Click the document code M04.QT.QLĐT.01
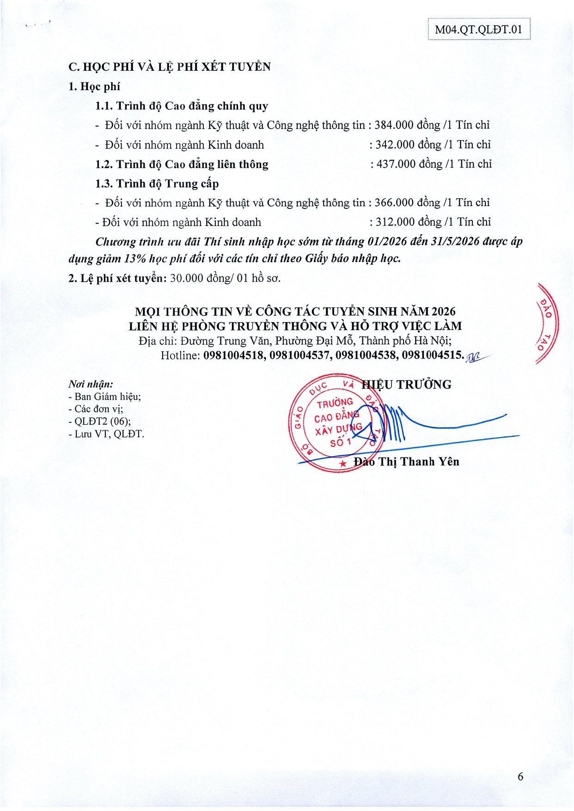click(478, 30)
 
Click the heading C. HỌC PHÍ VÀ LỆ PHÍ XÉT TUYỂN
click(170, 67)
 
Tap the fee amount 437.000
click(396, 164)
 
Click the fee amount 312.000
click(395, 222)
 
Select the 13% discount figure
click(134, 259)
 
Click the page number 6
click(520, 776)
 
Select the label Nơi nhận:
click(91, 384)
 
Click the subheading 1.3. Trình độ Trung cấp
click(157, 184)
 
